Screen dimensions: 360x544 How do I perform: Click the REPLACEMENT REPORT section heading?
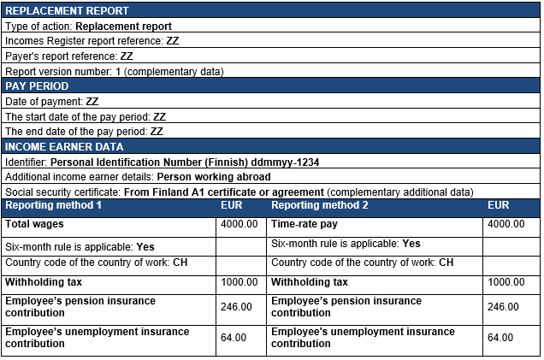(x=68, y=11)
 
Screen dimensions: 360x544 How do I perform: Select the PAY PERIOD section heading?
(x=37, y=86)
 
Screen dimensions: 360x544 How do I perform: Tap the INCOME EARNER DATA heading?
(x=65, y=147)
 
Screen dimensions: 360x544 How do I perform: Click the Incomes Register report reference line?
(x=92, y=41)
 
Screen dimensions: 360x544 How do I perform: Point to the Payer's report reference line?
(x=69, y=56)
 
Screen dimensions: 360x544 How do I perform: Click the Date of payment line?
(x=52, y=102)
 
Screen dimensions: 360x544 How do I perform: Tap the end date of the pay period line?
(x=85, y=132)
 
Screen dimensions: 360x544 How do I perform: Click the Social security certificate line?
(x=239, y=192)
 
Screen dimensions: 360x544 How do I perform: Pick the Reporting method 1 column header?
(x=54, y=206)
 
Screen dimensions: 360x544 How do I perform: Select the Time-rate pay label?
(x=305, y=224)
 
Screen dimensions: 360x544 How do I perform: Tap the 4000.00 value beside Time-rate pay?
(x=506, y=224)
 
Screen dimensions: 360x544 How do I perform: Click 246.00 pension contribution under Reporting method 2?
(x=502, y=307)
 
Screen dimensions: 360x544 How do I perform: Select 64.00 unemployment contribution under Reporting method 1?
(x=234, y=338)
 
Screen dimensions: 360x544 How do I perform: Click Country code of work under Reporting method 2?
(x=362, y=263)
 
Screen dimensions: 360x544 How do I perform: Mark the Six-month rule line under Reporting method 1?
(x=80, y=245)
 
